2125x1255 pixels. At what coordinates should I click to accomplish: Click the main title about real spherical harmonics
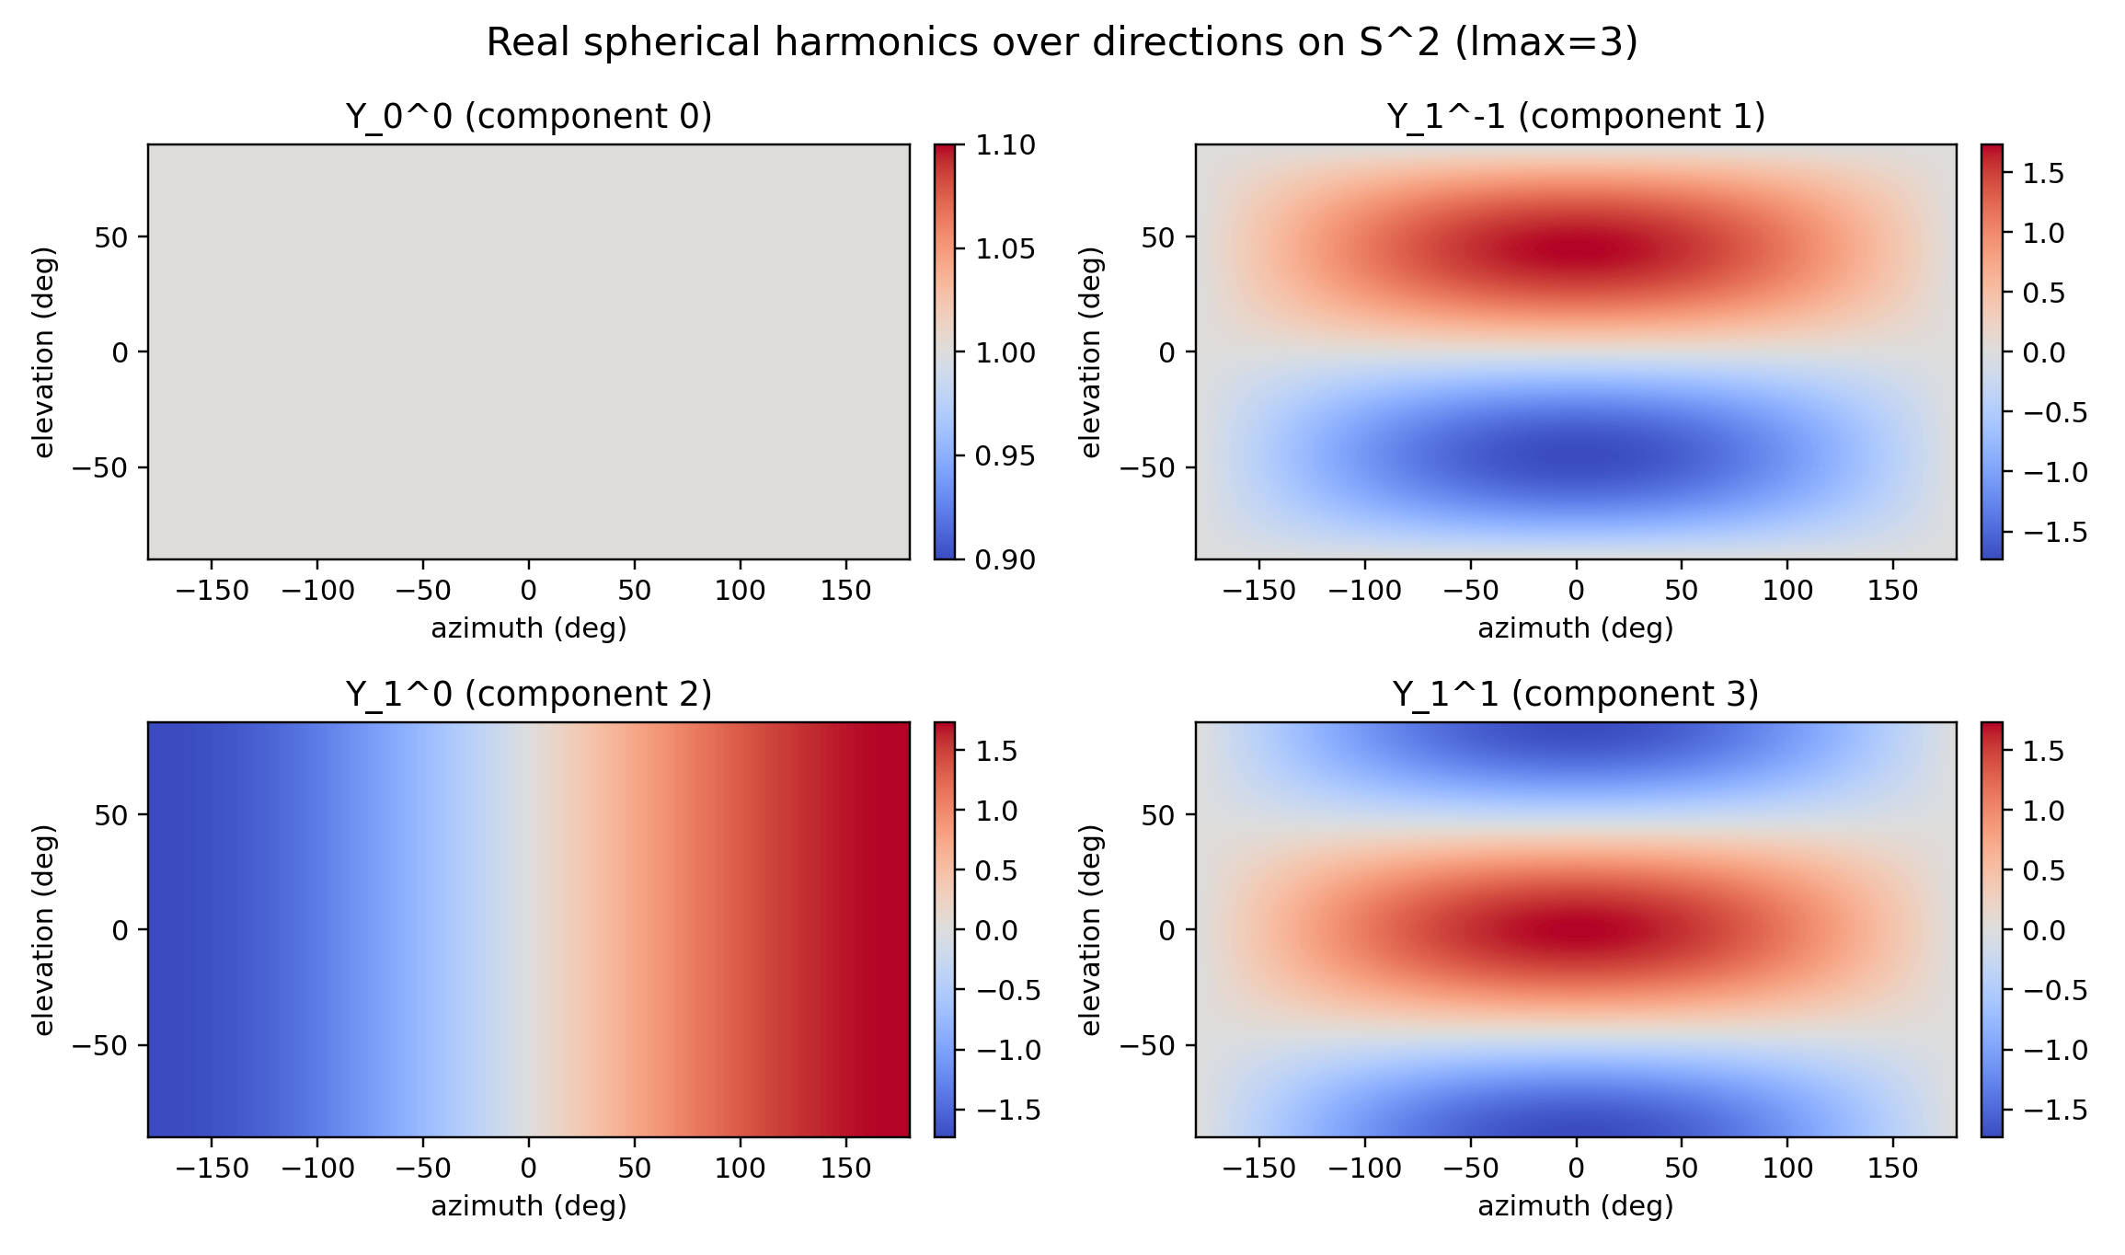click(1062, 42)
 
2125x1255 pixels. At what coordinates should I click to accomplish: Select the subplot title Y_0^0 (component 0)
click(528, 117)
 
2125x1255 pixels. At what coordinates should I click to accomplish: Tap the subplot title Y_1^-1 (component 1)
click(1575, 117)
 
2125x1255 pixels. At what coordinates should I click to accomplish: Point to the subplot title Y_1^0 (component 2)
click(528, 694)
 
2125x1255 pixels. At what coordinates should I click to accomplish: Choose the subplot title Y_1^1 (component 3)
click(1575, 694)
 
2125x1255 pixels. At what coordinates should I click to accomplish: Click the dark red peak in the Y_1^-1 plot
click(1575, 248)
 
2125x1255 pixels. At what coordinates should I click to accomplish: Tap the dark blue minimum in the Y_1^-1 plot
click(1575, 455)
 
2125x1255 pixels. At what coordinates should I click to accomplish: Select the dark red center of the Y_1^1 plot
click(1575, 929)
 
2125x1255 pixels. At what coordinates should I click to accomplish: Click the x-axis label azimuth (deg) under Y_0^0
click(528, 628)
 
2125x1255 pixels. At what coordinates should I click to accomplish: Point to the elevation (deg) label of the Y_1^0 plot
click(44, 929)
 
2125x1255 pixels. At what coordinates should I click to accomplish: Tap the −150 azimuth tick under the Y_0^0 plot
click(212, 591)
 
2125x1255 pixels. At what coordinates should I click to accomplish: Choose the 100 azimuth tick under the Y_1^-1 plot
click(1786, 591)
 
